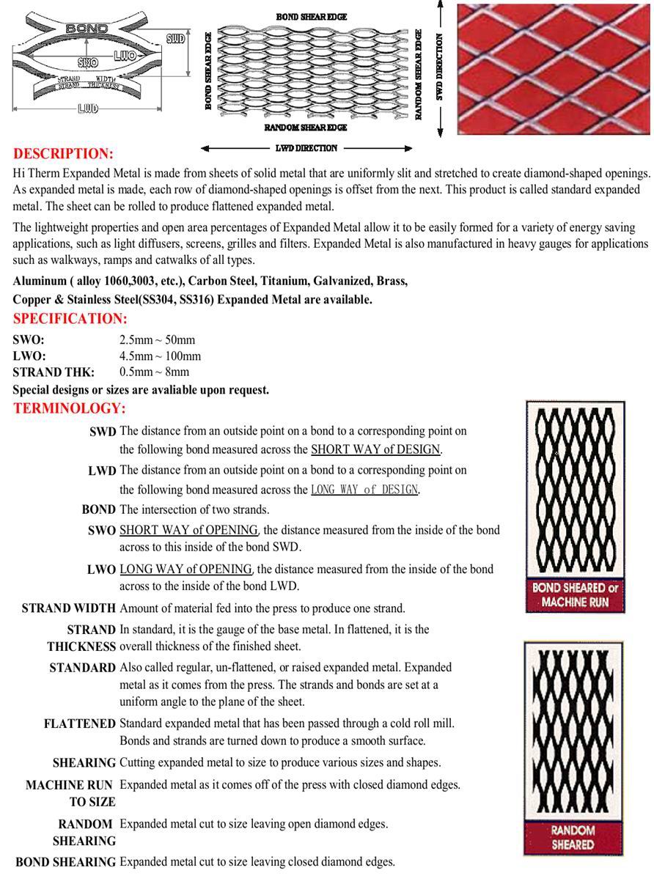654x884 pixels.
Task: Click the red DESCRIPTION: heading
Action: pyautogui.click(x=63, y=154)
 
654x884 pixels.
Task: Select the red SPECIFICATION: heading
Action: pyautogui.click(x=70, y=319)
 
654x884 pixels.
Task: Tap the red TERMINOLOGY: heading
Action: pyautogui.click(x=69, y=408)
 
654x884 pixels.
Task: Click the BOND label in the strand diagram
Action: pyautogui.click(x=87, y=29)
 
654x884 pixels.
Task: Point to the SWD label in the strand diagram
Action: pyautogui.click(x=174, y=39)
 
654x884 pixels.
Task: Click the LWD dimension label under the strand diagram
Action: pyautogui.click(x=87, y=109)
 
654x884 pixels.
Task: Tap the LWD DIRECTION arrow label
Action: pyautogui.click(x=306, y=148)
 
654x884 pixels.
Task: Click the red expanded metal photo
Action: pyautogui.click(x=553, y=69)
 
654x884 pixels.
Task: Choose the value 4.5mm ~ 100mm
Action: pyautogui.click(x=160, y=356)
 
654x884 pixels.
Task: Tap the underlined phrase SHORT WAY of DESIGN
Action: pyautogui.click(x=376, y=449)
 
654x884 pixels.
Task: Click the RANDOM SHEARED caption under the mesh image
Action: pyautogui.click(x=573, y=838)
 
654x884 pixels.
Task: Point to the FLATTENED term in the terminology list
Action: pyautogui.click(x=79, y=723)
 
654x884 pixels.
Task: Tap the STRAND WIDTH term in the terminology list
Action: pyautogui.click(x=68, y=608)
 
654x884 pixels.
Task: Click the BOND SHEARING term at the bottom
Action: pyautogui.click(x=65, y=862)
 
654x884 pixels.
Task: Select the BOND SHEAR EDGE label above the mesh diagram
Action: pyautogui.click(x=312, y=16)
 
